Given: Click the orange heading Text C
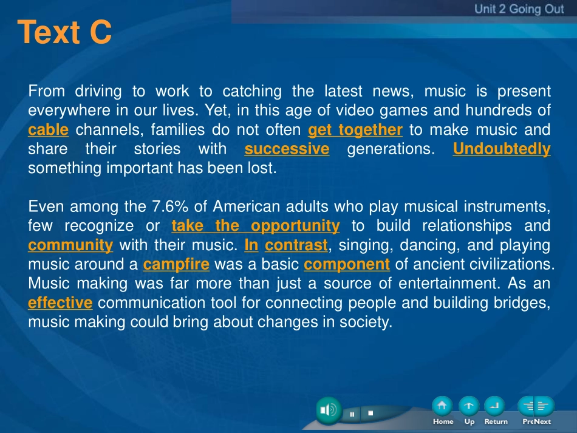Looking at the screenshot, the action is click(64, 32).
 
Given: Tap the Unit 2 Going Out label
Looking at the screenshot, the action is click(519, 9).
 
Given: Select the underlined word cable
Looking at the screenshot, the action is click(48, 130).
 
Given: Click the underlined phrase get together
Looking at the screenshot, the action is click(355, 130).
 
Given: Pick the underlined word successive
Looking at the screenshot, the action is click(287, 149).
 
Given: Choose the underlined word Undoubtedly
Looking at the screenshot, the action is click(502, 149).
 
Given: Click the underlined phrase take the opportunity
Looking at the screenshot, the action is click(255, 226).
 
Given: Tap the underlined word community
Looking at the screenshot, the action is click(70, 245).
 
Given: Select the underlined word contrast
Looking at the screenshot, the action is click(296, 245).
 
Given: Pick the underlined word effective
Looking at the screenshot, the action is click(60, 303).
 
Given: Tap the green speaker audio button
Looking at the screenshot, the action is click(329, 410).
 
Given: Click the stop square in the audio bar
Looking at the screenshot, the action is click(370, 413).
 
